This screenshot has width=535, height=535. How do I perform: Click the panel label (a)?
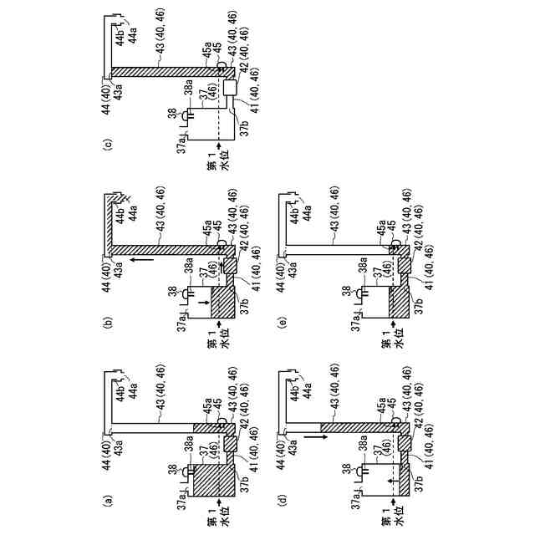106,503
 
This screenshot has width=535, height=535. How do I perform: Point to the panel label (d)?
282,503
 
